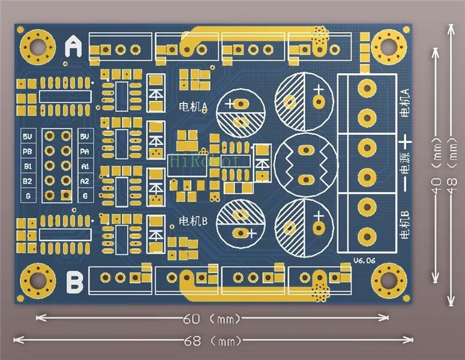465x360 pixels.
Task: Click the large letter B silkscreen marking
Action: [x=74, y=282]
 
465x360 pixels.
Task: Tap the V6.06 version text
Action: [x=365, y=260]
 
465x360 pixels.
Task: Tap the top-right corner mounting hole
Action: [x=389, y=45]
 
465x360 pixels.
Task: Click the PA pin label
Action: [x=85, y=151]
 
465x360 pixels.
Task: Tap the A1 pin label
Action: [x=85, y=166]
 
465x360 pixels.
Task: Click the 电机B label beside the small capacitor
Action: [x=193, y=221]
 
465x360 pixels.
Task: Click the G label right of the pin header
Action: [x=85, y=196]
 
